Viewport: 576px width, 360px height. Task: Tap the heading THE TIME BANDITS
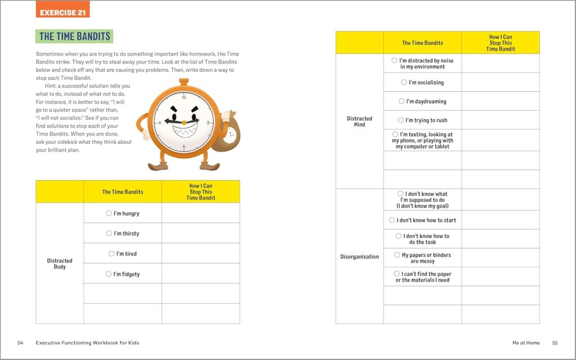(74, 37)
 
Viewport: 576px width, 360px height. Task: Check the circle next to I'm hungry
(109, 213)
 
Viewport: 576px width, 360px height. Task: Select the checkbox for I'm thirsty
(109, 233)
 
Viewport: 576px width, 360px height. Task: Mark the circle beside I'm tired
(111, 254)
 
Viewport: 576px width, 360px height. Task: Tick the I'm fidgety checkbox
(109, 274)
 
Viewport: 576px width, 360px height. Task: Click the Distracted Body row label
(60, 264)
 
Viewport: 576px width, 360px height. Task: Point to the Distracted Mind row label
(359, 121)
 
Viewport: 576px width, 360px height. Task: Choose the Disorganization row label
(359, 257)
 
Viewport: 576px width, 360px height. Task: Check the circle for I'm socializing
(404, 82)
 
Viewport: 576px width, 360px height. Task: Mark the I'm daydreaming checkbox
(402, 101)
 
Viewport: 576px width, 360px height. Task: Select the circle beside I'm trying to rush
(400, 120)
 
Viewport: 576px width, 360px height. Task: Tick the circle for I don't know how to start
(392, 220)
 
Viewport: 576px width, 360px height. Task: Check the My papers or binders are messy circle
(397, 255)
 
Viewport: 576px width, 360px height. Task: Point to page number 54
(20, 343)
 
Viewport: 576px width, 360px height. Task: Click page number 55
(555, 343)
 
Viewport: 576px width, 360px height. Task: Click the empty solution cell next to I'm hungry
(201, 213)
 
